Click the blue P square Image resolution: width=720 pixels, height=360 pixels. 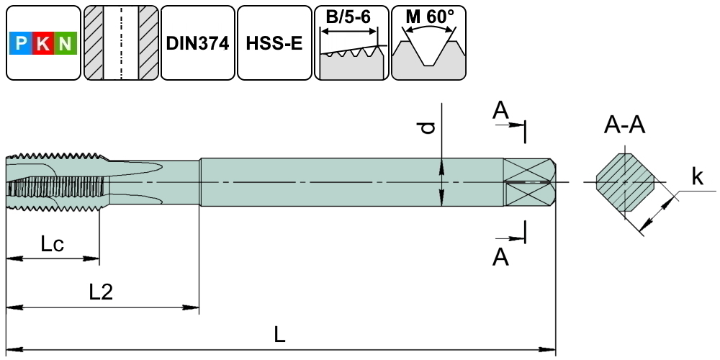21,45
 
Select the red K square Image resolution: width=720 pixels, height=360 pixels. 43,45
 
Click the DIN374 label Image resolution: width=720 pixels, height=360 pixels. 197,43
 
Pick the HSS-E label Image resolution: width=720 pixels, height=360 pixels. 274,43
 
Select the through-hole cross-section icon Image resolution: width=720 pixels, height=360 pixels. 121,43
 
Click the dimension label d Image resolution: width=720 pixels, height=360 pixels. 428,127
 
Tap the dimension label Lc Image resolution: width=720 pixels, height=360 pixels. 52,244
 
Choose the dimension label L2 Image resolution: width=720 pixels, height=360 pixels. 101,292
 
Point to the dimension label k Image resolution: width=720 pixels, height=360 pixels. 697,176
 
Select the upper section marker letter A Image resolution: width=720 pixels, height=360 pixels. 500,110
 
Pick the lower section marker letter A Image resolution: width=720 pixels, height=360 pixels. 500,256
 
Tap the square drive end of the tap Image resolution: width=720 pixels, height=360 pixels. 529,182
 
